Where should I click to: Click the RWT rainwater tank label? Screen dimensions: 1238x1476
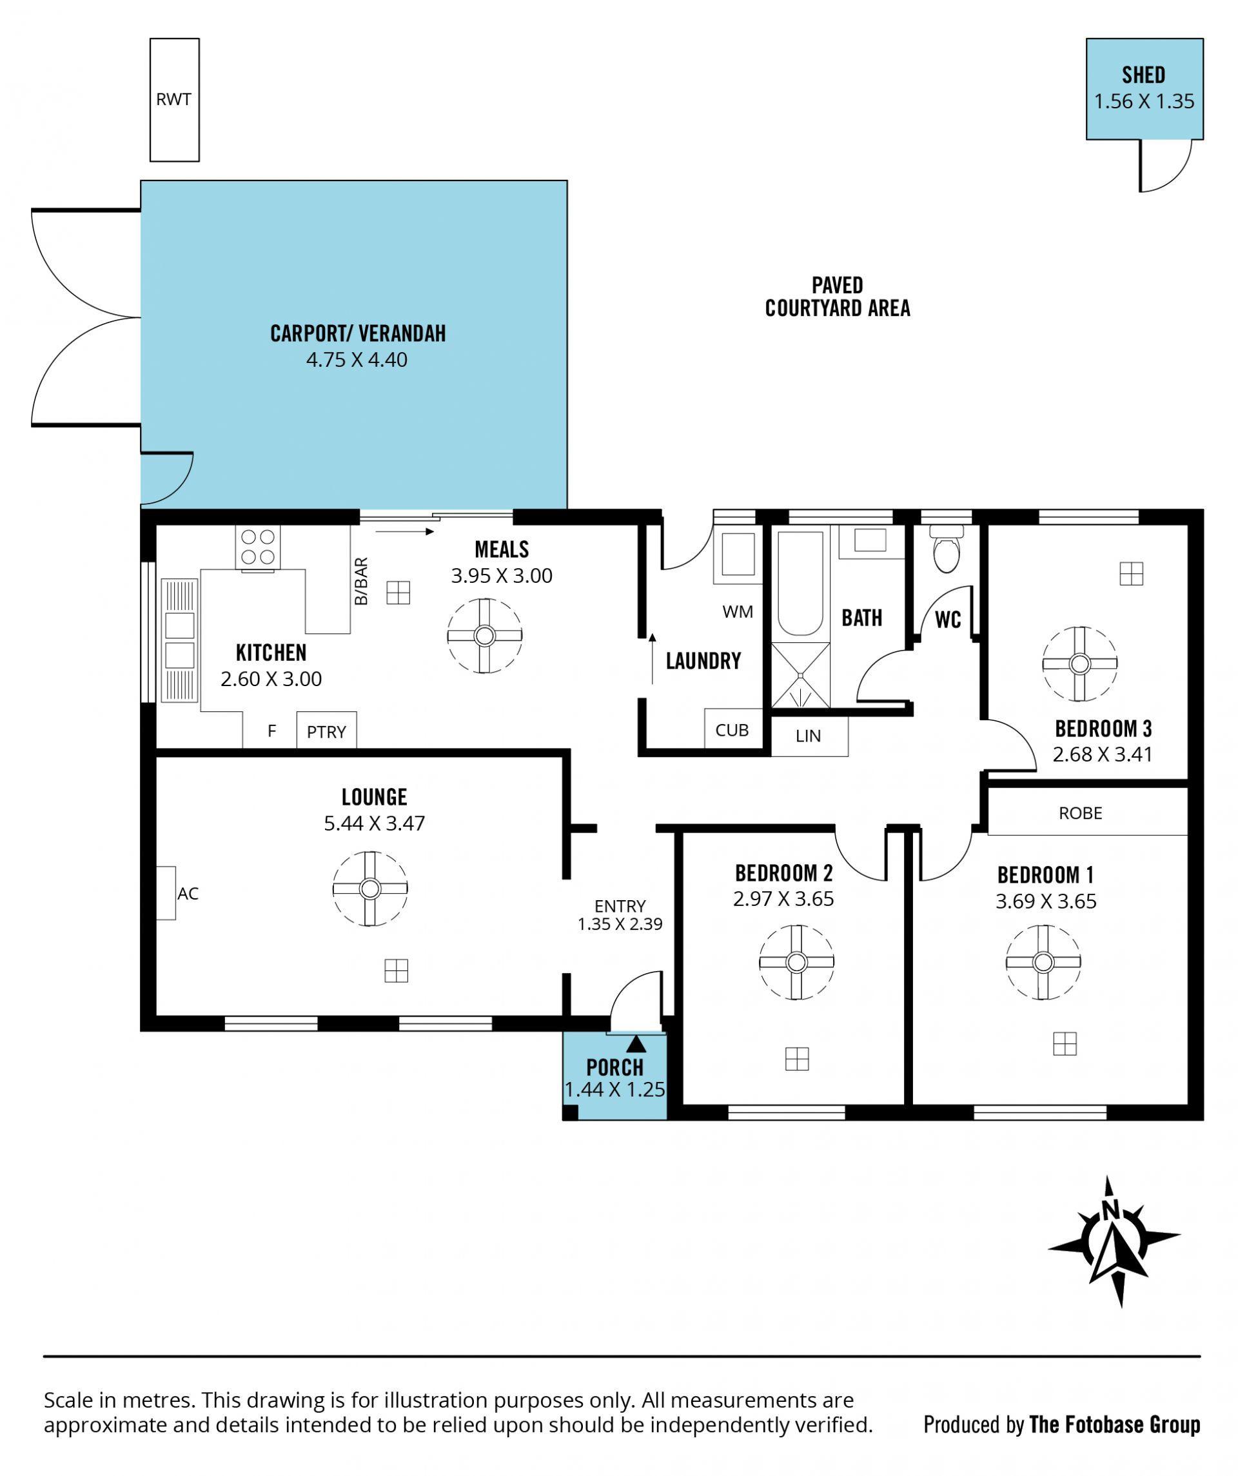coord(173,100)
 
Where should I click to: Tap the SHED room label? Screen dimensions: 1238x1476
coord(1143,75)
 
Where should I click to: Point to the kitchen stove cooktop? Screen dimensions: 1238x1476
coord(257,547)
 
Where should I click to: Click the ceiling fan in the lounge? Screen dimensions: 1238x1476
coord(369,889)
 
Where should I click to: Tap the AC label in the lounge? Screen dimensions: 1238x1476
coord(188,893)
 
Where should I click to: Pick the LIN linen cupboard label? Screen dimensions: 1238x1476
coord(808,736)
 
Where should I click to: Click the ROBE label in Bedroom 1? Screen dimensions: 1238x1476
coord(1080,813)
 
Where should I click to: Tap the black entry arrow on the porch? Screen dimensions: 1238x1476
coord(636,1044)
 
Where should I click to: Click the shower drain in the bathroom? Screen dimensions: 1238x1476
coord(800,675)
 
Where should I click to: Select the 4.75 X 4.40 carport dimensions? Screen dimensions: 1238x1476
coord(357,360)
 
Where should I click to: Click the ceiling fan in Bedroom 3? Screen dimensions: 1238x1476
coord(1079,664)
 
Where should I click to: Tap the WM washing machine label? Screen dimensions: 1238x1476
coord(738,611)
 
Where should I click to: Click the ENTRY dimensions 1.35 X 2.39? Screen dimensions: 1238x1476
coord(620,923)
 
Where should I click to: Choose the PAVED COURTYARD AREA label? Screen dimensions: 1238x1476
coord(838,297)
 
